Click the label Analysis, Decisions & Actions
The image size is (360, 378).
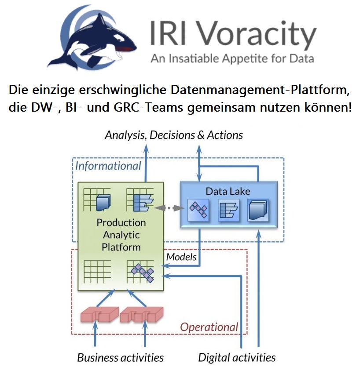pyautogui.click(x=174, y=135)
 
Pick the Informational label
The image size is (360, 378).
pyautogui.click(x=108, y=166)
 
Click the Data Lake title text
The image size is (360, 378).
pyautogui.click(x=228, y=191)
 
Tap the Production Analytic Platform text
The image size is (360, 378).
pyautogui.click(x=121, y=235)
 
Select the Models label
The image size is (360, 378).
pyautogui.click(x=181, y=257)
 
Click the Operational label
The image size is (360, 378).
pyautogui.click(x=209, y=327)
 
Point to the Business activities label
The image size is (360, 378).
pyautogui.click(x=121, y=357)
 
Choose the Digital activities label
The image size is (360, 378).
pyautogui.click(x=237, y=357)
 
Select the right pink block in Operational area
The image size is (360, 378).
pyautogui.click(x=141, y=315)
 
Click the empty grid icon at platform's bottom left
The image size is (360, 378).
pyautogui.click(x=97, y=272)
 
